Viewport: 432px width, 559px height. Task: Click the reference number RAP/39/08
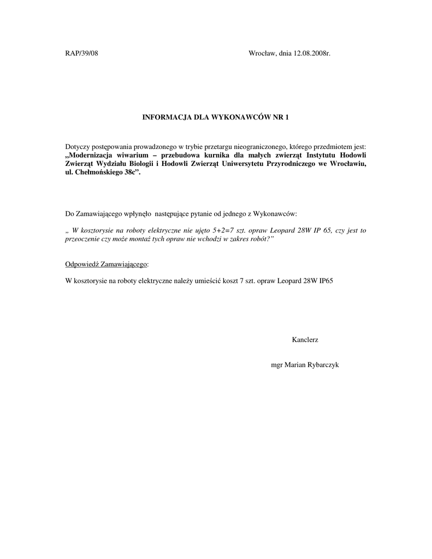(x=82, y=53)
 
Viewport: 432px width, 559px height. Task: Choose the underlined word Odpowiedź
(x=82, y=264)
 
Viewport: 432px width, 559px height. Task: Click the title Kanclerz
(x=305, y=340)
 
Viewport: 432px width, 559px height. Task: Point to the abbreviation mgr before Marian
(x=277, y=365)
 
